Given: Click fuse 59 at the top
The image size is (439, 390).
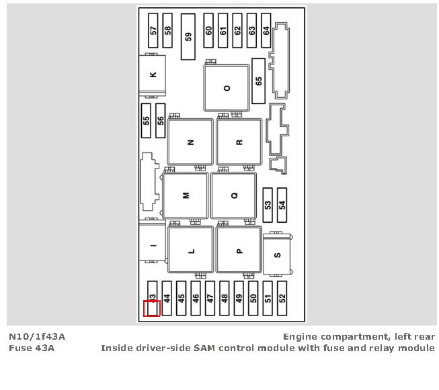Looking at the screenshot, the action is coord(188,37).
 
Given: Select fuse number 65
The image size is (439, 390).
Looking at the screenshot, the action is coord(258,81).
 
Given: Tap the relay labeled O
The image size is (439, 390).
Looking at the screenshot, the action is coord(227,88).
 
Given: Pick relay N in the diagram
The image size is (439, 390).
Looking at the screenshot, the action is coord(190,142).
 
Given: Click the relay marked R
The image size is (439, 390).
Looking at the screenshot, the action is coord(239,142).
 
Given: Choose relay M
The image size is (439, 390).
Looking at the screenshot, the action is coord(186,195).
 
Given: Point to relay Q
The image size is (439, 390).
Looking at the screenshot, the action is coord(234,195).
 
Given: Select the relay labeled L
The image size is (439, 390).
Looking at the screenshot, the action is coord(191,251).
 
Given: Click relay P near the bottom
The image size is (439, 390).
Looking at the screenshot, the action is coord(239,251).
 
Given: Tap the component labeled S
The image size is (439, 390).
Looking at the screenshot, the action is coord(277,255).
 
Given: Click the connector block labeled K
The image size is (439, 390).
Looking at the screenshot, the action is coord(153,75).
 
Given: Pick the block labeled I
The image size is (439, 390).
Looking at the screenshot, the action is coord(153,246).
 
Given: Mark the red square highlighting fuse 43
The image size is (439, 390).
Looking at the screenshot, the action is coord(151,308).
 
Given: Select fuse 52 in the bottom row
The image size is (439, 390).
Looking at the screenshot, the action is coord(282,298).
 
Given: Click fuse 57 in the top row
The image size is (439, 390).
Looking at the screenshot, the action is coord(153,30).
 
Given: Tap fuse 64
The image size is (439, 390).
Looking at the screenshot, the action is coord(266,30).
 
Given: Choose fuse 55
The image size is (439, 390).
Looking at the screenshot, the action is coord(146,120).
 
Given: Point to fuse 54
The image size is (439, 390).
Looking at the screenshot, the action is coord(282,204).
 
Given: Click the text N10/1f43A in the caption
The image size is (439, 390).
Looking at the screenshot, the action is coord(37,336).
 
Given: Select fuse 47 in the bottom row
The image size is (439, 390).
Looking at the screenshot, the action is coord(210,298).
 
